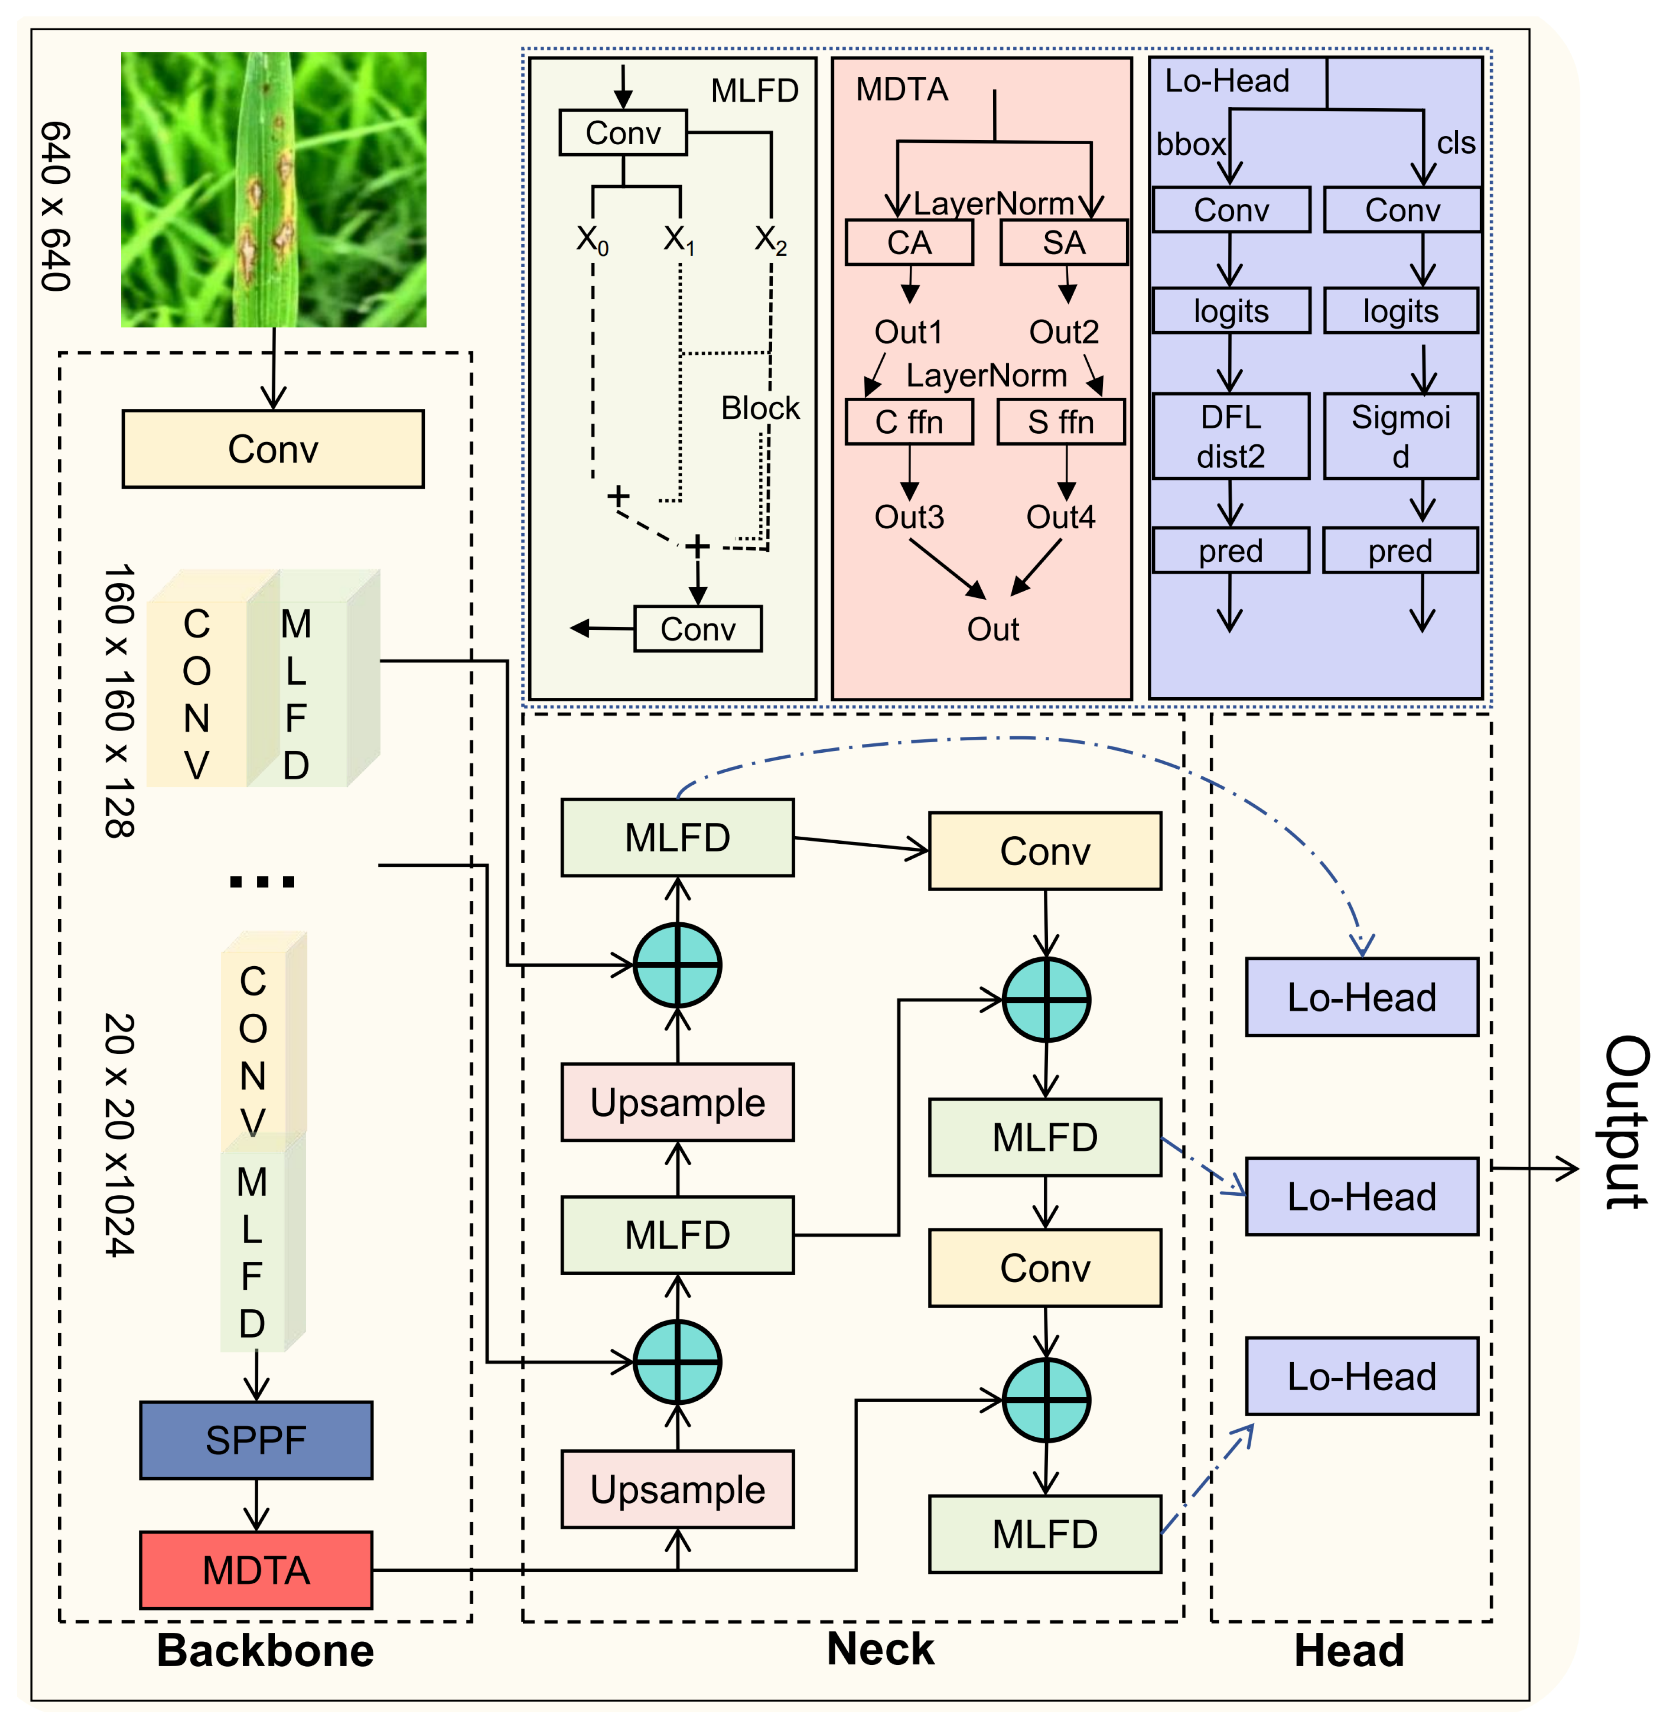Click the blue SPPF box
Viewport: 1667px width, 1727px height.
coord(256,1440)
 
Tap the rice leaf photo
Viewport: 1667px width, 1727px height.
coord(273,190)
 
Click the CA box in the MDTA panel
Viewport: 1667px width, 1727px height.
coord(909,242)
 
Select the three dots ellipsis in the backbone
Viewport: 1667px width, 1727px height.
coord(262,881)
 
